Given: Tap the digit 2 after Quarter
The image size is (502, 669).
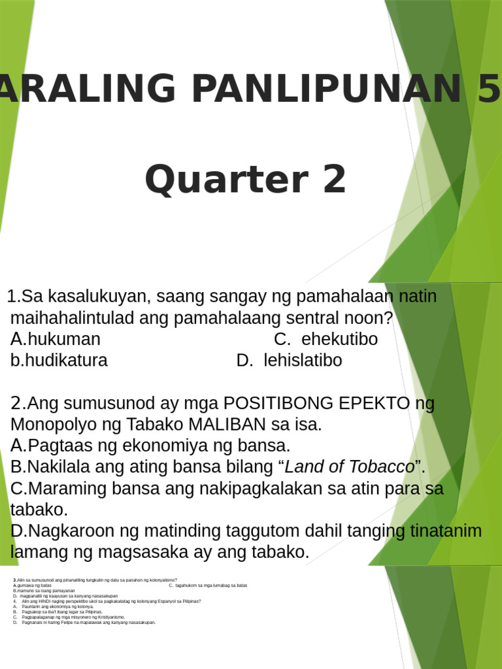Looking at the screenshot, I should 328,180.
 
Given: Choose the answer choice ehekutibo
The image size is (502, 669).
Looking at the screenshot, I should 339,339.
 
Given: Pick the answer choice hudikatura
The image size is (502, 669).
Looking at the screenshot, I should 66,360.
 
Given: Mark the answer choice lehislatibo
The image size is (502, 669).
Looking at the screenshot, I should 303,360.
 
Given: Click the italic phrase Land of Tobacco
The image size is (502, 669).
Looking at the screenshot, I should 350,466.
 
